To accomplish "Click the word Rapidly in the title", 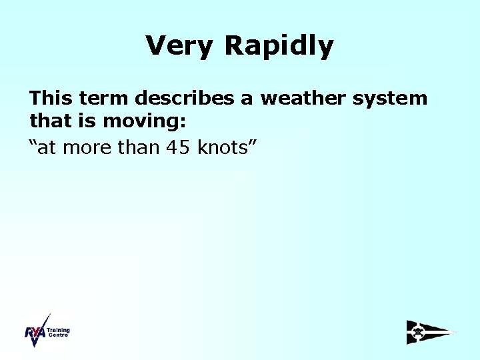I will pyautogui.click(x=279, y=46).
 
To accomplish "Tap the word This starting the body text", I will pyautogui.click(x=51, y=99).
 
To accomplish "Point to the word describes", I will pyautogui.click(x=187, y=99).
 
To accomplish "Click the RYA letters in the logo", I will pyautogui.click(x=35, y=333).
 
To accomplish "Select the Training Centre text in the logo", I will pyautogui.click(x=59, y=332).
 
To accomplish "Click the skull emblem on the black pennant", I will pyautogui.click(x=418, y=331).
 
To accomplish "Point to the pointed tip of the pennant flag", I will pyautogui.click(x=455, y=332).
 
